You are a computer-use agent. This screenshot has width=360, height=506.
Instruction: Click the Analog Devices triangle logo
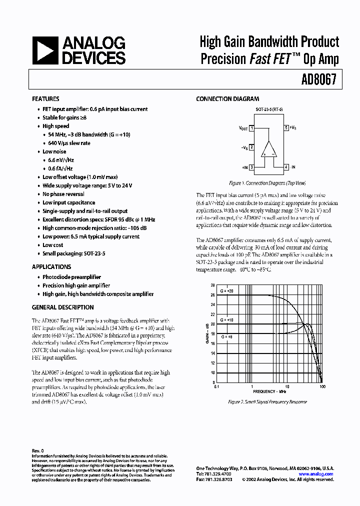45,51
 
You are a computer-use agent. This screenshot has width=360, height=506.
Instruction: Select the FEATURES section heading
45,99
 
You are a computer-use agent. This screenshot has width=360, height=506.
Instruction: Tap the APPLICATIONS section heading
51,267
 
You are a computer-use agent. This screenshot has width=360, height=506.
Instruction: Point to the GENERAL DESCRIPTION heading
62,307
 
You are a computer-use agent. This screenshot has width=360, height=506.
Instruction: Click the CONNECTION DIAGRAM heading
227,99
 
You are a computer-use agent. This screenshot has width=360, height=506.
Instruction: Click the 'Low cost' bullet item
52,245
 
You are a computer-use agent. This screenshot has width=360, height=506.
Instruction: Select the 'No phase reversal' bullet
63,194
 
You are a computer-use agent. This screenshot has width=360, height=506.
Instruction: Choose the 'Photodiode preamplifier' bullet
71,277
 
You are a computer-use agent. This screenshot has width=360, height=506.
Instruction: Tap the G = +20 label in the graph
226,290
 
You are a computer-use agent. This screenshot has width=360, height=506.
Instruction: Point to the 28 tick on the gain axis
212,285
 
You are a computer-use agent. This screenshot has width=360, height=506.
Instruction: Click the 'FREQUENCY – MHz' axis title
269,391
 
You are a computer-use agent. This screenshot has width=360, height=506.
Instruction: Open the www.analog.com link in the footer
315,473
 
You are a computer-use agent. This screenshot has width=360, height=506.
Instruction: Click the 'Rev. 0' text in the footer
37,451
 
